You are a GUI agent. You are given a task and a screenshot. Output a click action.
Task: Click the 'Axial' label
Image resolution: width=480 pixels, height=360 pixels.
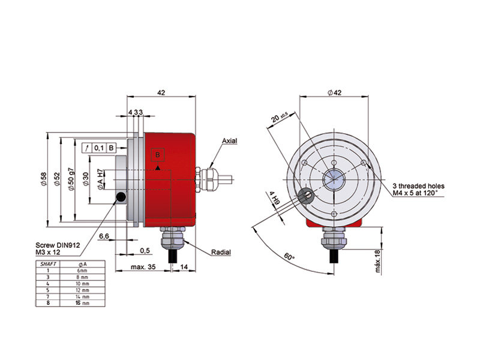pos(230,141)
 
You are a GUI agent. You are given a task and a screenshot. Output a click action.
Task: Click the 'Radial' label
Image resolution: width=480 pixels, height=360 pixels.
pos(221,253)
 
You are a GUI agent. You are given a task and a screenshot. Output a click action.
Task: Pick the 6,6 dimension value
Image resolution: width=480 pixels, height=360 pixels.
pos(104,236)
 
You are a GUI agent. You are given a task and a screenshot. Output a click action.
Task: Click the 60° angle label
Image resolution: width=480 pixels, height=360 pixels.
pos(290,257)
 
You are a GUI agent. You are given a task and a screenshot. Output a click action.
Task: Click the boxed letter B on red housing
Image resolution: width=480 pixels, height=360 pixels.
pos(158,155)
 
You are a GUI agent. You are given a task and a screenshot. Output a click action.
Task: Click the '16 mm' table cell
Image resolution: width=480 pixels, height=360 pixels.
pos(82,303)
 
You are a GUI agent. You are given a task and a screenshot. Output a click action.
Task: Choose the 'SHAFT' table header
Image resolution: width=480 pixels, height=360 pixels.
pos(48,263)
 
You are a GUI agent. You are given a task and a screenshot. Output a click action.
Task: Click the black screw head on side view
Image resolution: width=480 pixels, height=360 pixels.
pos(121,197)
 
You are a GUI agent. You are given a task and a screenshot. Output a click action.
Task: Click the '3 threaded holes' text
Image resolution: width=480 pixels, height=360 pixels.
pos(418,187)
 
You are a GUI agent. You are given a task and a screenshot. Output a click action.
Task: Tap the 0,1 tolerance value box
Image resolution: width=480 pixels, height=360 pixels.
pos(100,148)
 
